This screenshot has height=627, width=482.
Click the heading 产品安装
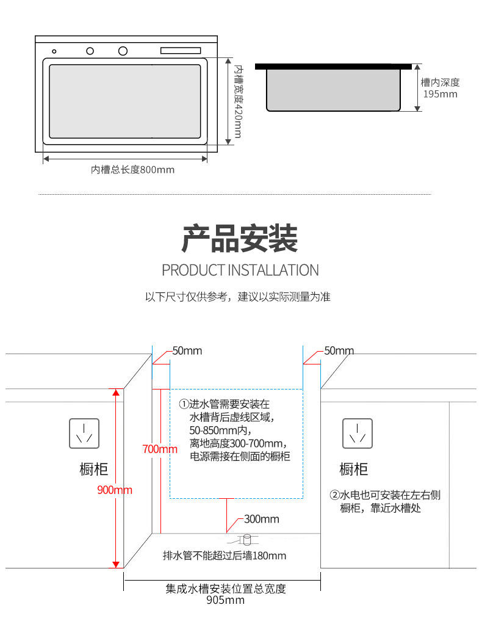240,239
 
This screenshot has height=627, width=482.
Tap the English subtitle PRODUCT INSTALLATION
240,270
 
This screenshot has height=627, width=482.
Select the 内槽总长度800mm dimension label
132,170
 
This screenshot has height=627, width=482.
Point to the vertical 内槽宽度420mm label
239,101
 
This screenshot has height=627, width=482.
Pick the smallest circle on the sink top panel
54,51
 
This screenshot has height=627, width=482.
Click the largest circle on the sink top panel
123,51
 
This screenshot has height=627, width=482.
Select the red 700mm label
159,449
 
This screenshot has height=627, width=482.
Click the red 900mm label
115,490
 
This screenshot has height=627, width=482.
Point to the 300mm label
261,519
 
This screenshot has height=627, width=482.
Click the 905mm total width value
225,600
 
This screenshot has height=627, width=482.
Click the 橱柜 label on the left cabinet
94,469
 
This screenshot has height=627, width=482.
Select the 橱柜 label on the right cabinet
354,469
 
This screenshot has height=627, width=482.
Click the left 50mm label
187,351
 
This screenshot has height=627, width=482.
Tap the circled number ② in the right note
334,495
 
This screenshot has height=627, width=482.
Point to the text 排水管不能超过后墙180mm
224,556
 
